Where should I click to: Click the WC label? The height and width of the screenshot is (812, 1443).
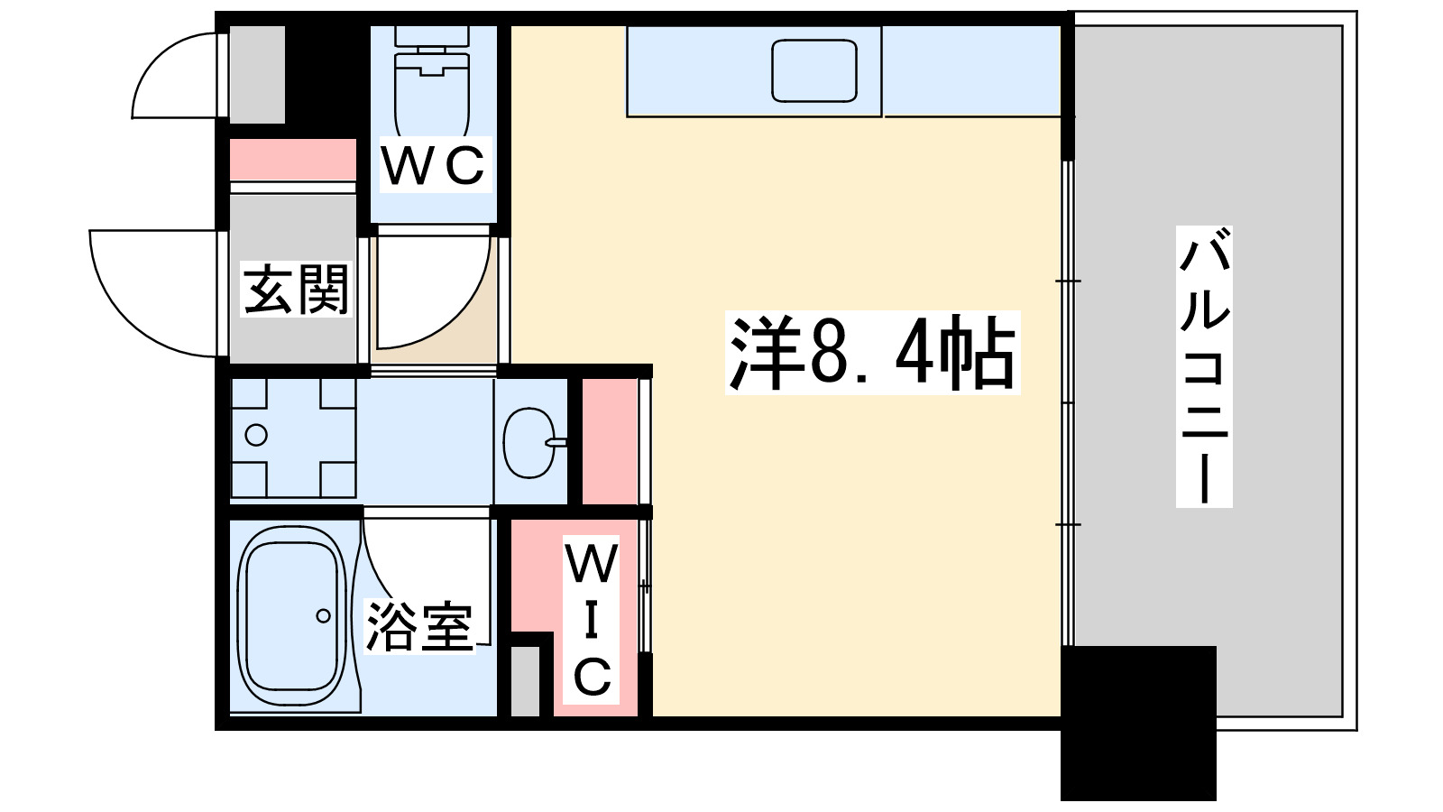pos(433,165)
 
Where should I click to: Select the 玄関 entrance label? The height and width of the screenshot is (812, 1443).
pos(296,290)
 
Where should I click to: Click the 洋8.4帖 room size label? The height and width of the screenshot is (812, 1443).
pos(872,353)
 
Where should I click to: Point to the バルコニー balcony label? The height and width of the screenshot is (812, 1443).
pos(1204,366)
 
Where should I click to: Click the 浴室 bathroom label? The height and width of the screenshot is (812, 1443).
pos(419,626)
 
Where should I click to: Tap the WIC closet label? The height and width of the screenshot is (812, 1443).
pos(592,620)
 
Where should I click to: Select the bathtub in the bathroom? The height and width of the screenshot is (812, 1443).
pos(291,617)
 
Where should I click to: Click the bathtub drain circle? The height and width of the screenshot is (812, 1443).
pos(323,616)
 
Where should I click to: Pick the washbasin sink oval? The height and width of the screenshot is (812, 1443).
pos(529,442)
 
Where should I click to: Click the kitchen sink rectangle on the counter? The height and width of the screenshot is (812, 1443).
pos(813,70)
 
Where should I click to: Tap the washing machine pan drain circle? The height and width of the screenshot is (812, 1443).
pos(256,435)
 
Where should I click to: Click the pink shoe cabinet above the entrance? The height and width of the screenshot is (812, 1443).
pos(293,160)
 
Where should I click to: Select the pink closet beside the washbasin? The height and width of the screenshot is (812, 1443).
pos(610,442)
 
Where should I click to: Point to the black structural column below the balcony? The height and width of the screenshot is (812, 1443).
pos(1138,722)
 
